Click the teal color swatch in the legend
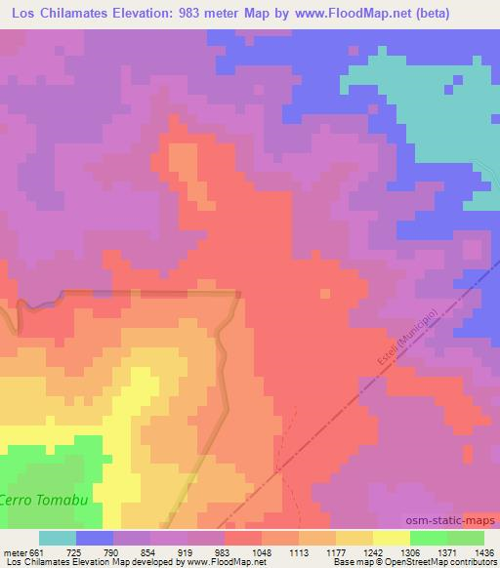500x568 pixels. [57, 538]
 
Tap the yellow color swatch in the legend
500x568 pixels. [391, 538]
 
